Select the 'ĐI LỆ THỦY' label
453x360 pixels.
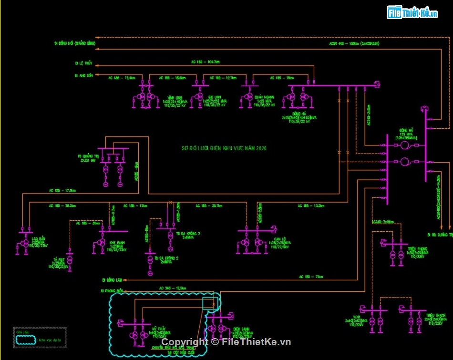(x=83, y=63)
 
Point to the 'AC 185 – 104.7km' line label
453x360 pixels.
(x=205, y=62)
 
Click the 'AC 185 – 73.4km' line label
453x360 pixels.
(x=122, y=78)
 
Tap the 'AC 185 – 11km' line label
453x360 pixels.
(x=282, y=78)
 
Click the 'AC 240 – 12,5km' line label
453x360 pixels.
(x=173, y=288)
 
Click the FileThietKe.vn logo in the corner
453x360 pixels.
(x=412, y=13)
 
